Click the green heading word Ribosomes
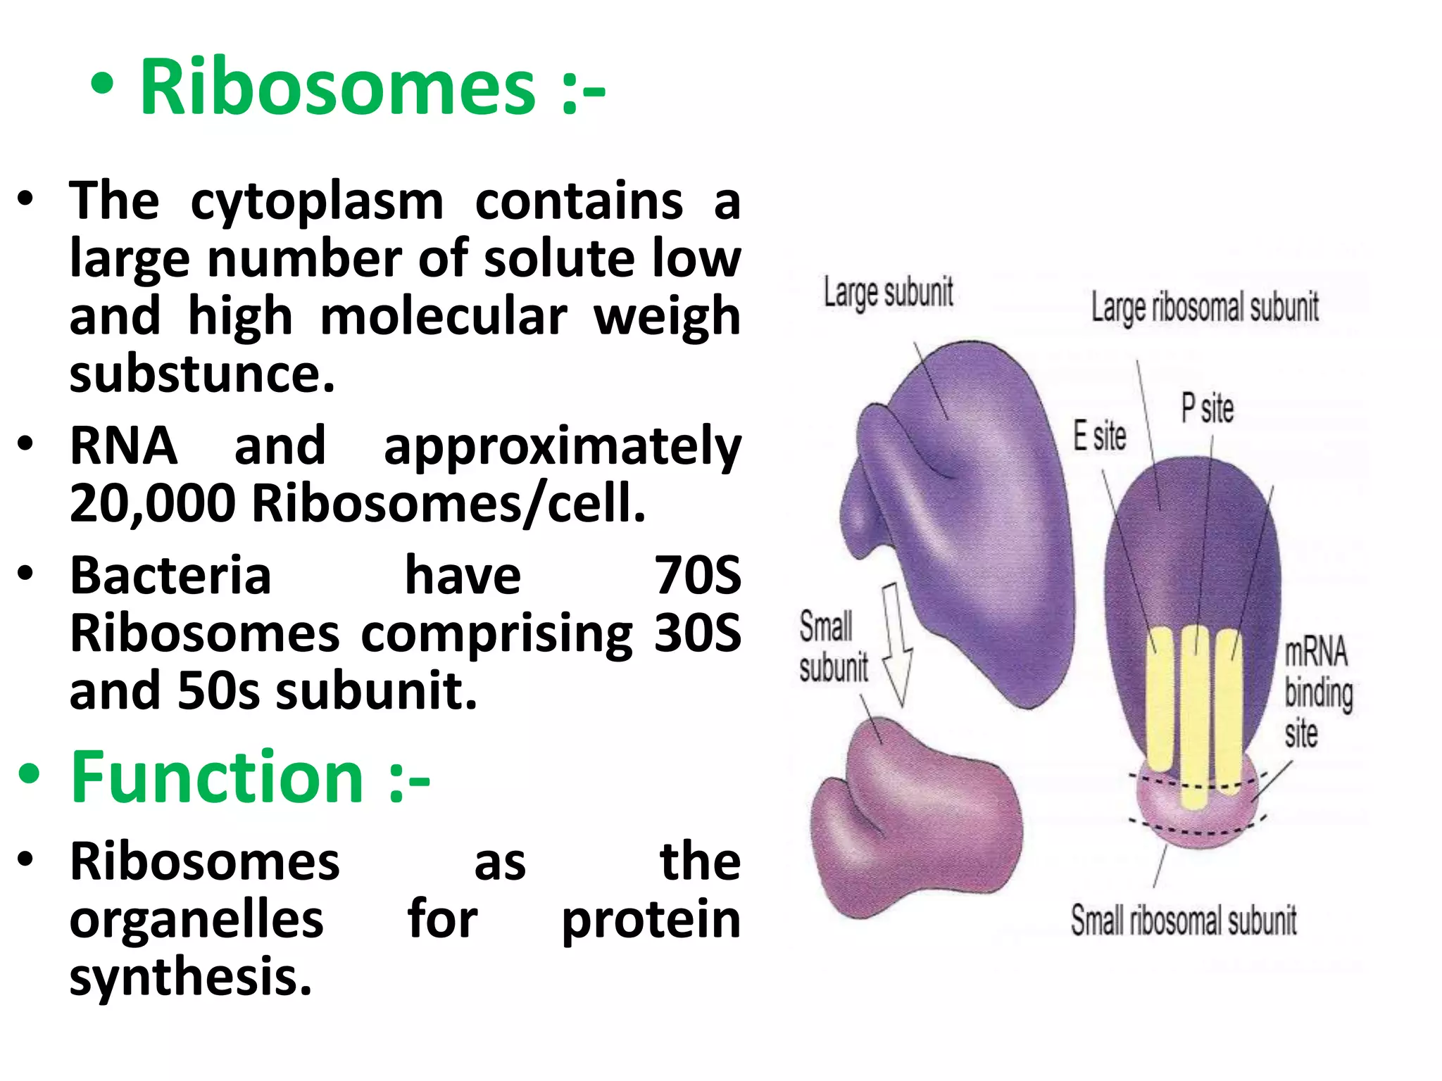[337, 87]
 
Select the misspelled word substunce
[201, 374]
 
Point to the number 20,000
[152, 503]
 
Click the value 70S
[697, 576]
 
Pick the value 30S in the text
[697, 633]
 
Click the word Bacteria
[170, 576]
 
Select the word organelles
[196, 919]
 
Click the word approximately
[562, 446]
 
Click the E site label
[1099, 436]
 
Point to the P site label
[1207, 409]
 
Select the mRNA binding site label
[1317, 693]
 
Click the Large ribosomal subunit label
[1205, 308]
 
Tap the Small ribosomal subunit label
[1184, 921]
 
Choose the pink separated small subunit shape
[915, 823]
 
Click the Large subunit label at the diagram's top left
[889, 293]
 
